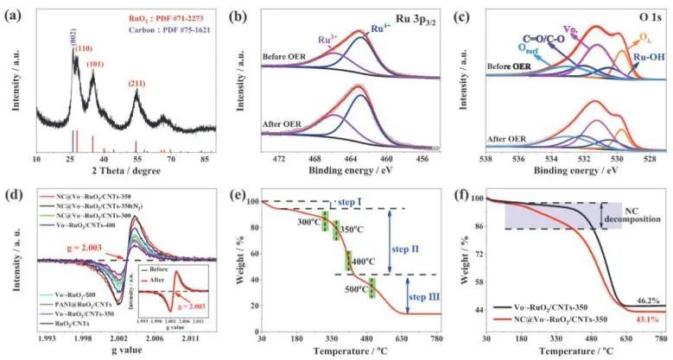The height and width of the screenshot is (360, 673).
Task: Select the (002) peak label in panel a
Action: [73, 36]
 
